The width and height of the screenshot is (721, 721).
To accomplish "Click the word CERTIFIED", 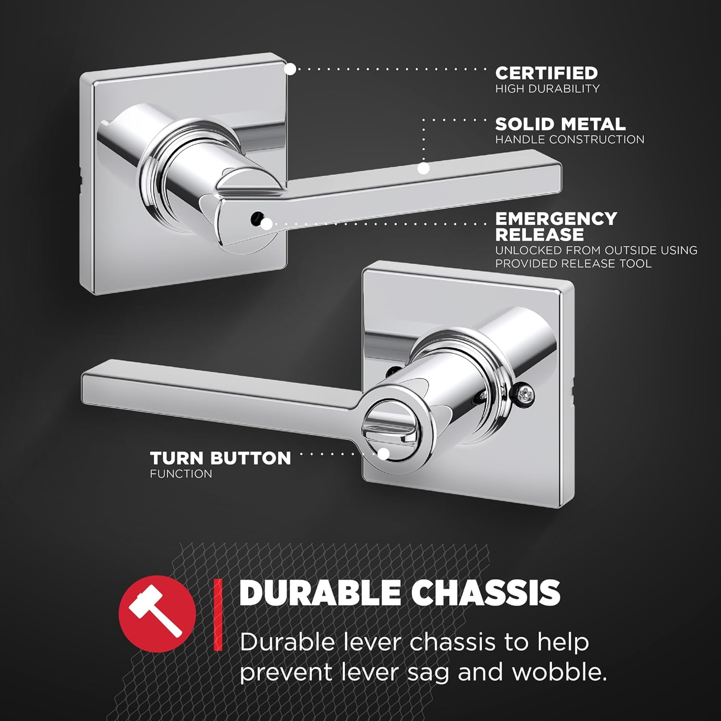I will click(x=547, y=73).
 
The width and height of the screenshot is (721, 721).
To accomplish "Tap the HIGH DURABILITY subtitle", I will click(x=547, y=88).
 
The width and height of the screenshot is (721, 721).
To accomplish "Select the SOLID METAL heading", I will click(x=560, y=124).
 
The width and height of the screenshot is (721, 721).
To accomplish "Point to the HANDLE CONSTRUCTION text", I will click(x=570, y=139).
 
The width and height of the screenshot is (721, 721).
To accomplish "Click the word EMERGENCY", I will click(x=556, y=219).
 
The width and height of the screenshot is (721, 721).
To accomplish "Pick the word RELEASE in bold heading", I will click(x=539, y=235).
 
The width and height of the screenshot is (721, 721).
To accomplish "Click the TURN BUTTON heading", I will click(x=220, y=458).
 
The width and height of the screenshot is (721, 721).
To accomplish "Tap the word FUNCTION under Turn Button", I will click(x=181, y=474).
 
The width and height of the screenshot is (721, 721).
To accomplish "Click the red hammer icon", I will click(x=157, y=614).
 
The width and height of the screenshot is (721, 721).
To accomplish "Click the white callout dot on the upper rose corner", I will click(x=290, y=69).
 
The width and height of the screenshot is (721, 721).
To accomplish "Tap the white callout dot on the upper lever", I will click(x=423, y=168).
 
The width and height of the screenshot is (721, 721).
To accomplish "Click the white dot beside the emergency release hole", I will click(x=267, y=224).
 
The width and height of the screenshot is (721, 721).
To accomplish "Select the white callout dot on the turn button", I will click(x=383, y=454).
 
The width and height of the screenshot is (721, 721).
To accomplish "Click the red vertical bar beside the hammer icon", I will click(x=219, y=614).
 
